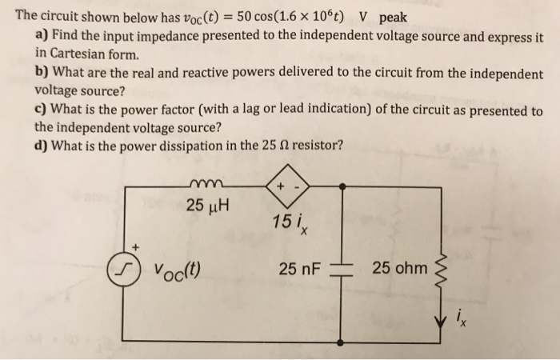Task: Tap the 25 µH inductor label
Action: tap(208, 206)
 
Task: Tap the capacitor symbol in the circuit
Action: tap(342, 266)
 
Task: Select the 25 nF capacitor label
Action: tap(299, 266)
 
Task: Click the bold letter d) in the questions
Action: tap(42, 146)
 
